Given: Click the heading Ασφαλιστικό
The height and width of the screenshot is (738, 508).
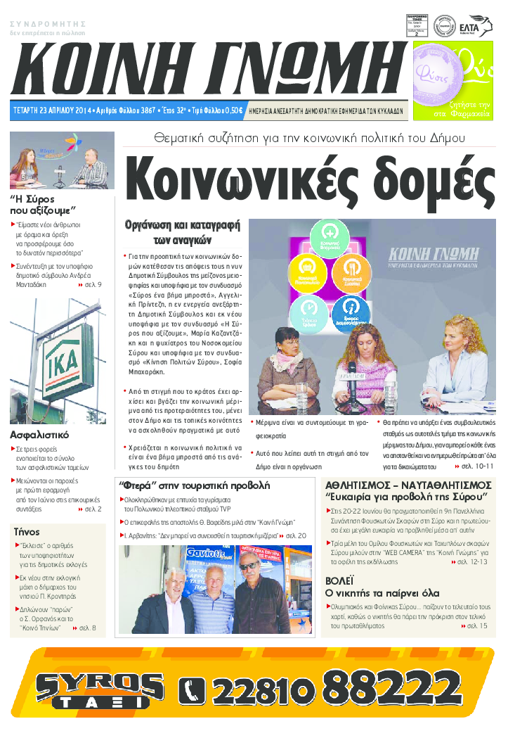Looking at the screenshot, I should tap(39, 435).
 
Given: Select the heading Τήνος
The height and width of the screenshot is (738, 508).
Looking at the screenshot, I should tap(27, 532).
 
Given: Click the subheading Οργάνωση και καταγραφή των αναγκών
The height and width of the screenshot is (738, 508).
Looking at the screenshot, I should tap(183, 231).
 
